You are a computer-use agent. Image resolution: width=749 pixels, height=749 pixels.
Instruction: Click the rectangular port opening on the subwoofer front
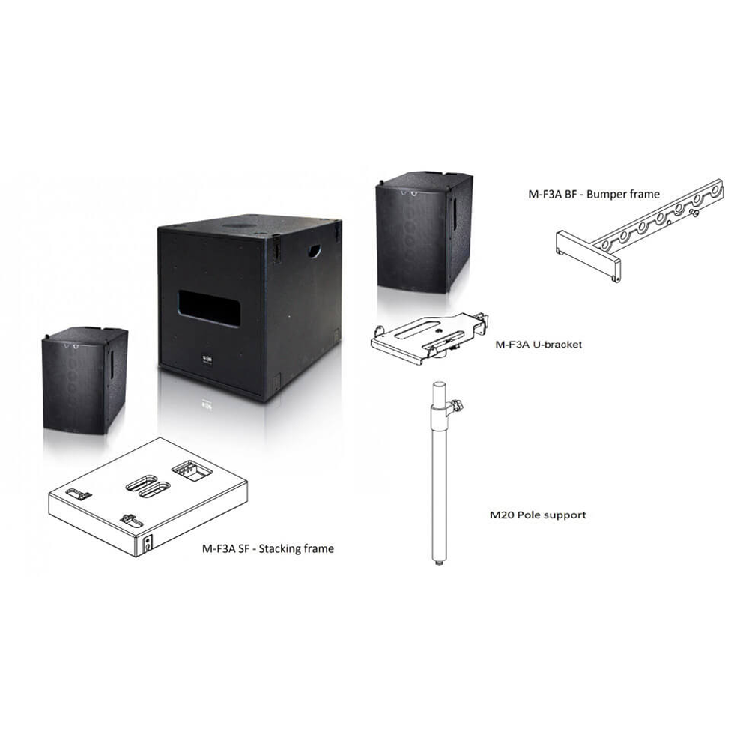209,308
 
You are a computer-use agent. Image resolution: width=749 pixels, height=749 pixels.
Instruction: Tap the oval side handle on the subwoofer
314,251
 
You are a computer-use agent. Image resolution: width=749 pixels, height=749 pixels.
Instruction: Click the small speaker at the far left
85,380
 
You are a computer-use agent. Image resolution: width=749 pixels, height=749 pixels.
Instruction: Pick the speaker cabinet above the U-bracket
424,233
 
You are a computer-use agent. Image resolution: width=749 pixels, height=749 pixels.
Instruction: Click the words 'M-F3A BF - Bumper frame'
594,195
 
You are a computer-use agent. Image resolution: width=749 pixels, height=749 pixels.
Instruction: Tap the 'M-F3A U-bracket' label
539,344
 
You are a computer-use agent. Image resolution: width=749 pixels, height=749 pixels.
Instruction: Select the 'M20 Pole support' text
538,515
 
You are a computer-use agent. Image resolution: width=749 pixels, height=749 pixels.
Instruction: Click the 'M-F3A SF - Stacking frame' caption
268,548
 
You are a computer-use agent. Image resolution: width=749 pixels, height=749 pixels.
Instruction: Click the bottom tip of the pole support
438,565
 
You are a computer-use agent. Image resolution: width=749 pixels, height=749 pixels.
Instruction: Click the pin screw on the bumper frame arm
694,212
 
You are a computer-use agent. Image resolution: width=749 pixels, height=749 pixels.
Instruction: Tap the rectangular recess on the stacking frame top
192,470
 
